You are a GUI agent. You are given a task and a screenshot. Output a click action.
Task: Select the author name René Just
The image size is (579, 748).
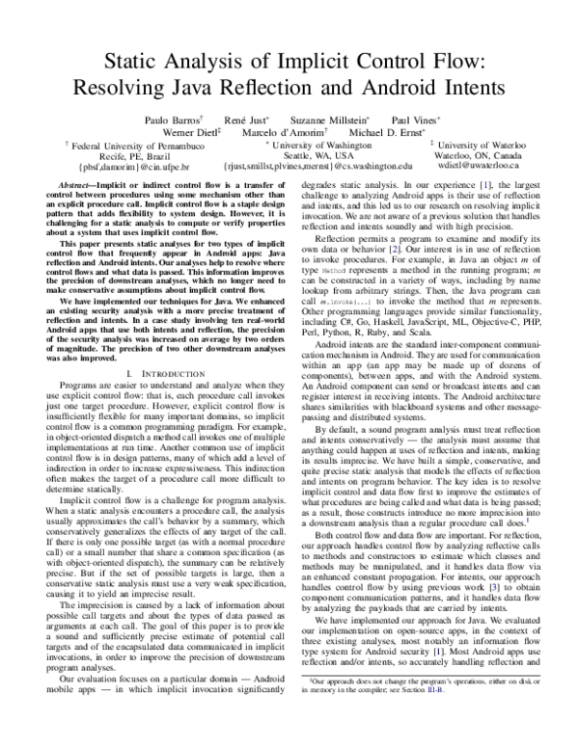249,119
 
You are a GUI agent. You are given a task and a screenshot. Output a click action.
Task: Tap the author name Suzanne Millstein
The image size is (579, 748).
329,119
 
